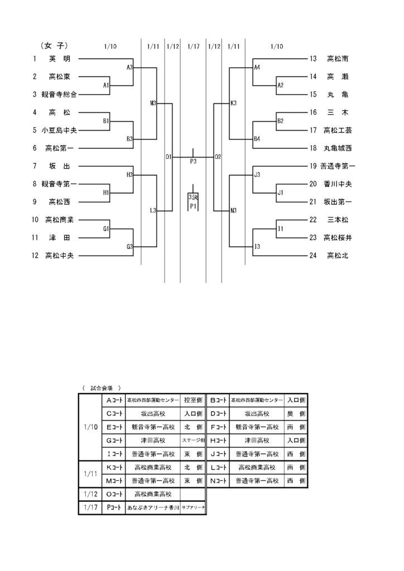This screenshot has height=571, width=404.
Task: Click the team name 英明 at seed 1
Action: [59, 59]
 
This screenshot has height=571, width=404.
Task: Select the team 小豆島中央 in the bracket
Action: [59, 130]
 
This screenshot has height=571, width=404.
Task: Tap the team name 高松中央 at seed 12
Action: [59, 256]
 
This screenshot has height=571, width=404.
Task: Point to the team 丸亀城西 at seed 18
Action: [338, 148]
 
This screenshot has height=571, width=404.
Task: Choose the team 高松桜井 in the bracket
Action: [338, 238]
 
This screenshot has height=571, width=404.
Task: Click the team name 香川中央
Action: [338, 184]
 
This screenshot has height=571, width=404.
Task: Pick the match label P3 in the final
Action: [193, 161]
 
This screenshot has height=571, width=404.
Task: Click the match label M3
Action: [153, 103]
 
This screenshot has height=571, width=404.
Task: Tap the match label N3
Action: [234, 211]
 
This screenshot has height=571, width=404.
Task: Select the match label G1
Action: [105, 229]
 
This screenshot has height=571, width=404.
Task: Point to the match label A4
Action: [257, 67]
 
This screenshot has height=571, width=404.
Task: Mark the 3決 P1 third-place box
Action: [193, 202]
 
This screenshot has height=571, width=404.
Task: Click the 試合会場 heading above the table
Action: [101, 387]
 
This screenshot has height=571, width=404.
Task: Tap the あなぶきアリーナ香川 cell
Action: [153, 508]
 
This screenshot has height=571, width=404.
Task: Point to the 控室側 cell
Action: [193, 400]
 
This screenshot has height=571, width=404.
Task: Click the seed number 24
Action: [313, 256]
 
